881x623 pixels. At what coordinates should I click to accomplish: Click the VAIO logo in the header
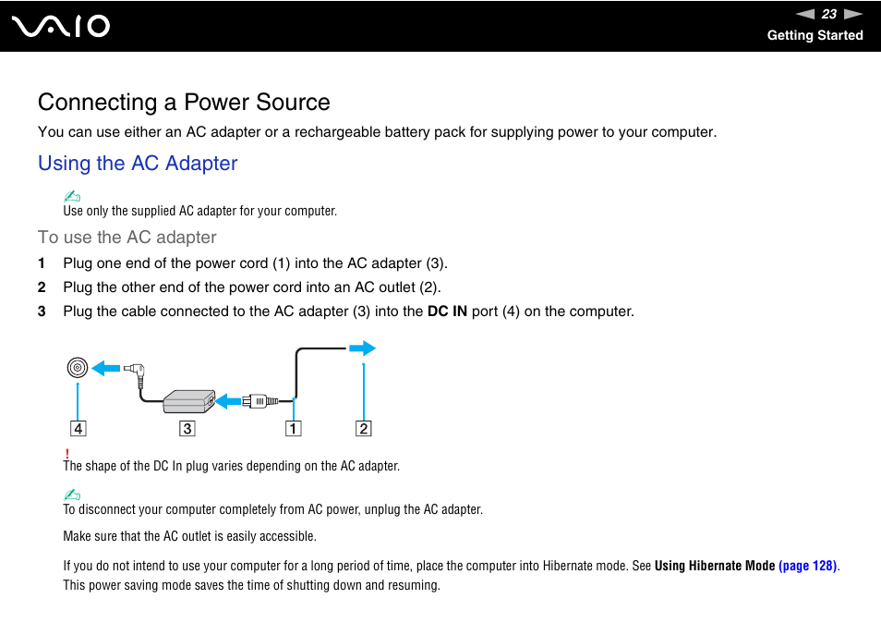[x=62, y=26]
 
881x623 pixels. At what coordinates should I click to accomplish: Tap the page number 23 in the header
[x=828, y=14]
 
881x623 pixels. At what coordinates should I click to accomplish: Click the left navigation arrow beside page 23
[x=805, y=14]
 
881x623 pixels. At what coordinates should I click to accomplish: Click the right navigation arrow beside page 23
[x=852, y=14]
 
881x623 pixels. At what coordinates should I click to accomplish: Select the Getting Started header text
[x=815, y=35]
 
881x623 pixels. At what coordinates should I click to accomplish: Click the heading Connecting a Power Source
[x=184, y=102]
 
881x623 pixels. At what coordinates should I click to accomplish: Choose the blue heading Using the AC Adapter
[x=138, y=164]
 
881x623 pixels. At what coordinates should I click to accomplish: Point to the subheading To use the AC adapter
[x=127, y=238]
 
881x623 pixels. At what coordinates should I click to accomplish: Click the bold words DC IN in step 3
[x=447, y=311]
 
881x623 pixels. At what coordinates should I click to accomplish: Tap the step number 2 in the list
[x=42, y=287]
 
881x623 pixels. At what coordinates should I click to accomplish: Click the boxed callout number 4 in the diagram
[x=78, y=429]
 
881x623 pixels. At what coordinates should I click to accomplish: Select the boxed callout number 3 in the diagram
[x=187, y=429]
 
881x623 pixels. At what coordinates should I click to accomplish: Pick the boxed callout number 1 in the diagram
[x=293, y=429]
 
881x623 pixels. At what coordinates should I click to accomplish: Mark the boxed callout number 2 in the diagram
[x=364, y=429]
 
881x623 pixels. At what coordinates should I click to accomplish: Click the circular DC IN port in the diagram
[x=78, y=368]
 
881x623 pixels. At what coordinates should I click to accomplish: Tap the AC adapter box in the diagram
[x=189, y=401]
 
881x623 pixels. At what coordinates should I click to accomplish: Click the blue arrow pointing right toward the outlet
[x=362, y=348]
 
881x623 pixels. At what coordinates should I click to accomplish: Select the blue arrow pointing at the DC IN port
[x=106, y=368]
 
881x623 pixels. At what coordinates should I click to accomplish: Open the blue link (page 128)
[x=808, y=566]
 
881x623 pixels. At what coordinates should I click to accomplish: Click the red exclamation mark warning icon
[x=66, y=453]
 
